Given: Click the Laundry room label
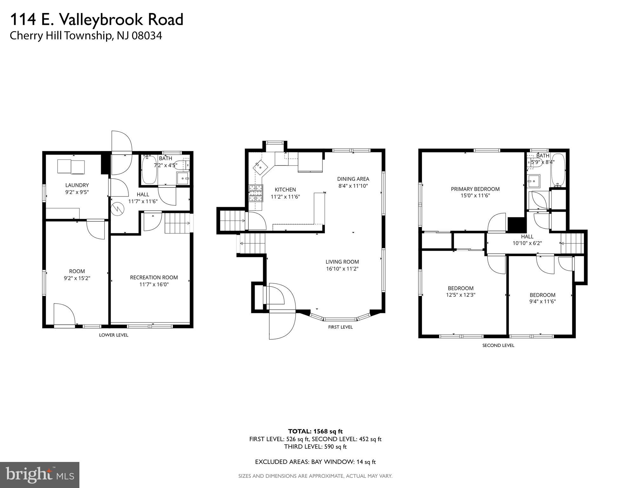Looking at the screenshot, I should point(77,185).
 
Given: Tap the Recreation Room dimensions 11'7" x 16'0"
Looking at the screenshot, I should point(154,284).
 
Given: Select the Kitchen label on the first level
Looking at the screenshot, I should point(285,190).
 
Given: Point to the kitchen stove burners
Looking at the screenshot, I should point(256,193).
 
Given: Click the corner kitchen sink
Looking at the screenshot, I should point(260,167).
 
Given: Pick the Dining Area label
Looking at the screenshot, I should point(353,179).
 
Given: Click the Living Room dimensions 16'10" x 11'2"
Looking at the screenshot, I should point(342,269).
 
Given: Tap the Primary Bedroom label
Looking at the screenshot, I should point(475,189).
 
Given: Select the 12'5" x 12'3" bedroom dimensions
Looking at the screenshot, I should point(460,295).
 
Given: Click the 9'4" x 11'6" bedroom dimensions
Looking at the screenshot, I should point(542,302).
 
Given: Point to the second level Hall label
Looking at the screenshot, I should point(527,236).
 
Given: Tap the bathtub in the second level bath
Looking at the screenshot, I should point(558,170).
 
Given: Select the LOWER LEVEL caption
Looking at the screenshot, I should point(113,335).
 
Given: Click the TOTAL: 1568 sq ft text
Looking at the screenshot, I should point(315,431).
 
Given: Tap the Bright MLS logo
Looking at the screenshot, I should point(40,475).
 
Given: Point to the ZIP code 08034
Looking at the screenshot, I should point(147,36).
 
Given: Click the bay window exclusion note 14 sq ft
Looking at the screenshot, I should point(366,462).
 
